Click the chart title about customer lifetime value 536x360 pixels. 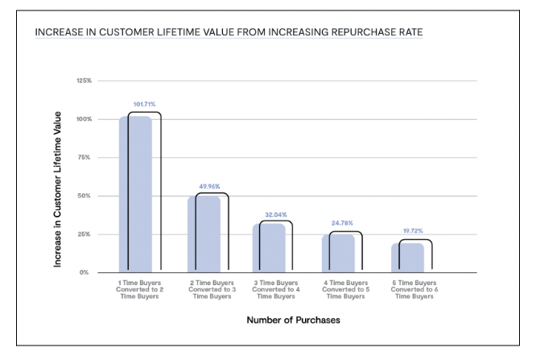pos(236,33)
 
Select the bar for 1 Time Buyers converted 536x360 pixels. pos(135,194)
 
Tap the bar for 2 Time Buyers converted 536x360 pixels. pos(203,234)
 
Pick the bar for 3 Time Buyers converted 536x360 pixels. pos(270,246)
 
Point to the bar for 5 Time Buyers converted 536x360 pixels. pos(406,257)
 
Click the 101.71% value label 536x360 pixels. pos(144,104)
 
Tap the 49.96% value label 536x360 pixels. pos(211,185)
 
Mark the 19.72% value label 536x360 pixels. pos(411,231)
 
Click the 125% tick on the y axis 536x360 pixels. pos(84,81)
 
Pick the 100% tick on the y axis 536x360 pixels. pos(84,119)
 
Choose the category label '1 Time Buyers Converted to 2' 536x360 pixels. pos(139,289)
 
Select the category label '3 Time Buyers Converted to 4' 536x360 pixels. pos(275,289)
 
